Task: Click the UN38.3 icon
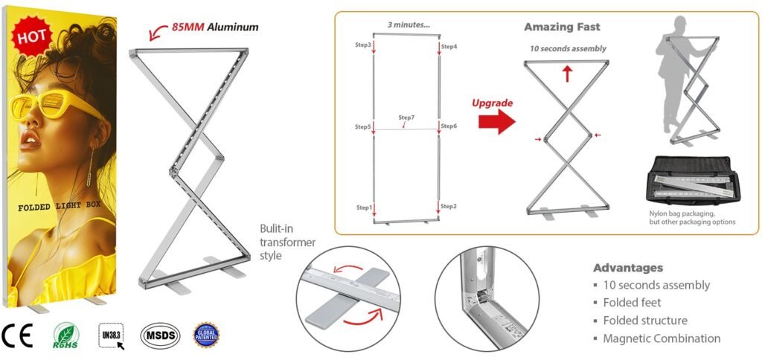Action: pyautogui.click(x=112, y=335)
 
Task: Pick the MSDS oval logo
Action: pyautogui.click(x=160, y=335)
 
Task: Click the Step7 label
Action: pyautogui.click(x=406, y=118)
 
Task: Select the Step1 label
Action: pyautogui.click(x=363, y=206)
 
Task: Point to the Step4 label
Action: pyautogui.click(x=449, y=46)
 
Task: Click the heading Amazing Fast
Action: pyautogui.click(x=562, y=27)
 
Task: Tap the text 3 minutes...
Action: pyautogui.click(x=409, y=25)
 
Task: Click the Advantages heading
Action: pyautogui.click(x=627, y=268)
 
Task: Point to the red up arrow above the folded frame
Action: pyautogui.click(x=567, y=73)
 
